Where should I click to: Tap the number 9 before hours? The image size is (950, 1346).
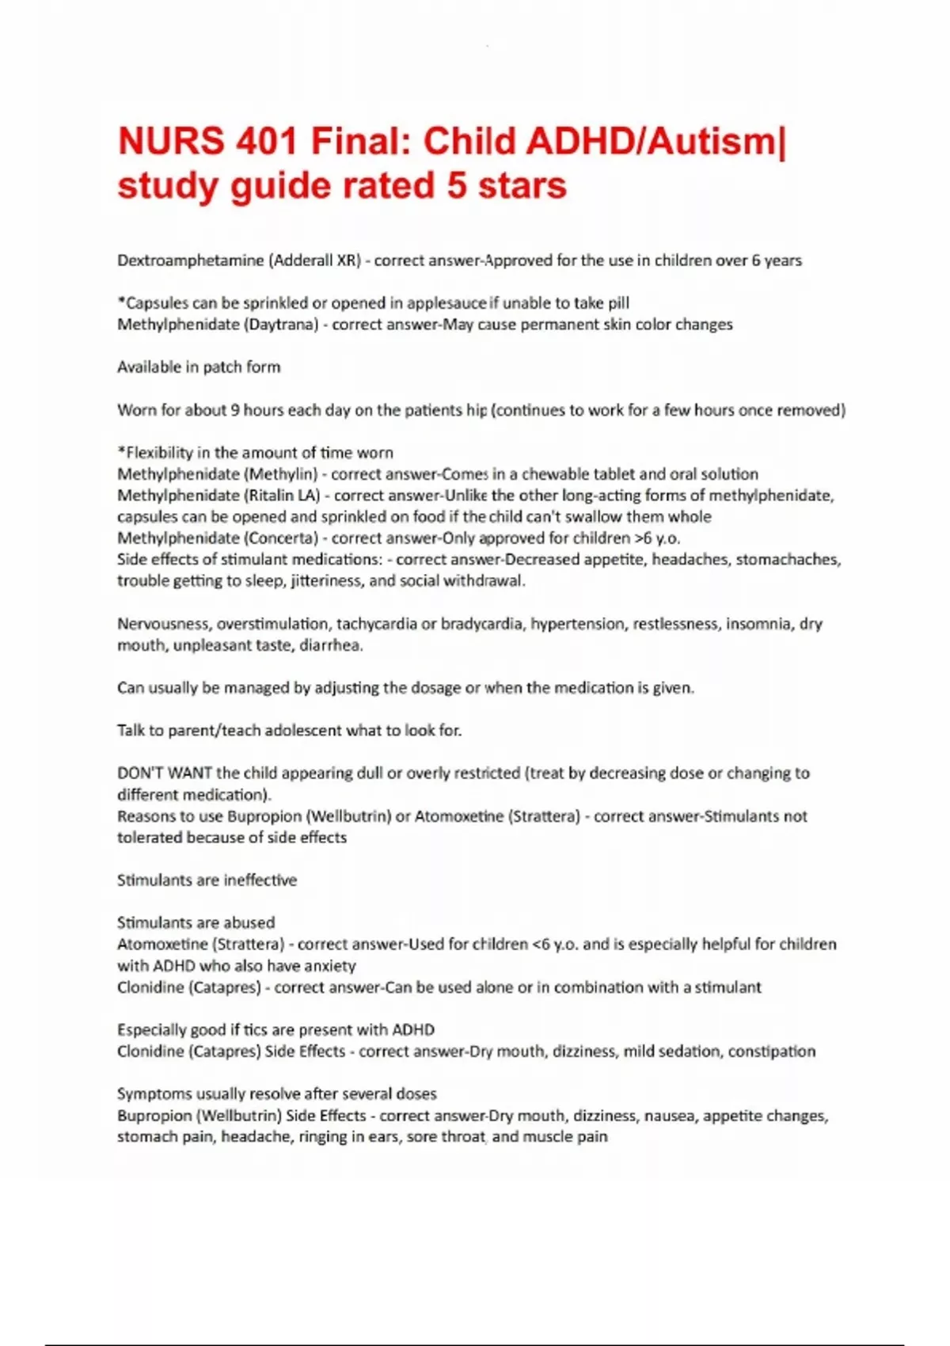click(x=235, y=410)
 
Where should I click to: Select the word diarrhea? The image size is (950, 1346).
click(x=331, y=645)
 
